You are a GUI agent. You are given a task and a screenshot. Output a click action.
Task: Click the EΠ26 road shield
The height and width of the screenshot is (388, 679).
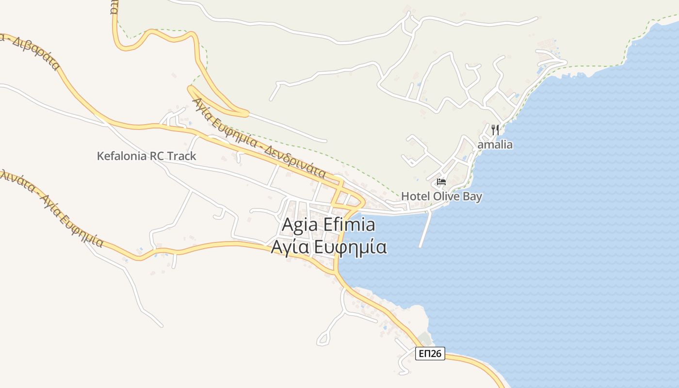(x=430, y=354)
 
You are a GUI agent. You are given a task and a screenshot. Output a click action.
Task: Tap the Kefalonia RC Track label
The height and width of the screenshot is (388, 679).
(x=146, y=156)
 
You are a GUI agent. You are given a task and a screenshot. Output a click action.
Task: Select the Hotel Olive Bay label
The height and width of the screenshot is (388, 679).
(x=441, y=196)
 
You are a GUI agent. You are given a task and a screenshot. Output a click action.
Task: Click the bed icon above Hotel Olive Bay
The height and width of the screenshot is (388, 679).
(x=441, y=182)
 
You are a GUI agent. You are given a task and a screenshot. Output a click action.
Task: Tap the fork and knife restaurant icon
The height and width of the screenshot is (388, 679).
(x=495, y=130)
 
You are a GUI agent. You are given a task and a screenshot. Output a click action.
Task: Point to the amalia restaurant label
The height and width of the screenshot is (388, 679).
(x=495, y=145)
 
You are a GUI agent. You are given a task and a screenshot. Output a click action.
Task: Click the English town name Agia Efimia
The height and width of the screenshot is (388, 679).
(x=328, y=225)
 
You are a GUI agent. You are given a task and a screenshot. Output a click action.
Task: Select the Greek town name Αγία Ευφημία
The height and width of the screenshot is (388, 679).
(x=328, y=247)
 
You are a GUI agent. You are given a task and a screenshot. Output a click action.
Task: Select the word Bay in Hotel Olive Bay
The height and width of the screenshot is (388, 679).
(x=472, y=196)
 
